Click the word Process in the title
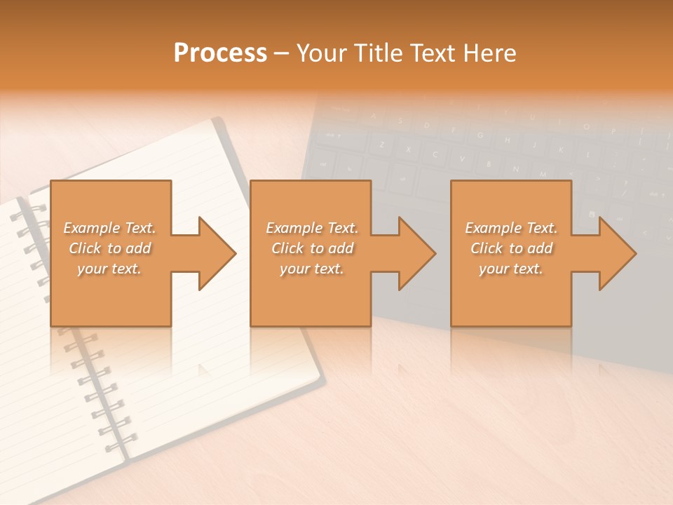[220, 53]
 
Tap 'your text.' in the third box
[510, 269]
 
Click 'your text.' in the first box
[109, 269]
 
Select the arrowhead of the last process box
[616, 253]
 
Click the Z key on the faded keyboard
[382, 145]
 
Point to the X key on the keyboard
[407, 149]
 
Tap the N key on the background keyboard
[515, 169]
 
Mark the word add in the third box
[540, 248]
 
